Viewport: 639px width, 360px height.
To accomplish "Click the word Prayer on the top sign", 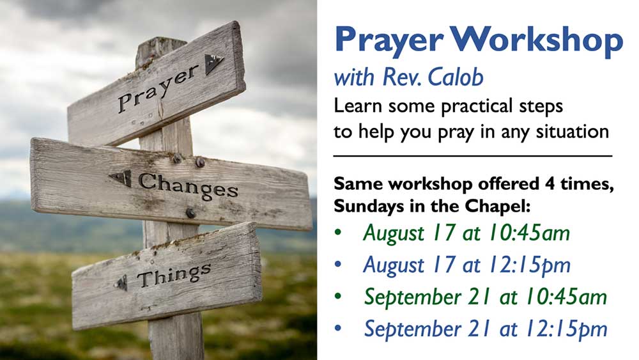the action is (158, 89).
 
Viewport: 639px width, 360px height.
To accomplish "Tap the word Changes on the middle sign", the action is (189, 186).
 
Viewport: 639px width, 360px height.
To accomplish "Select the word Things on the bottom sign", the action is (174, 275).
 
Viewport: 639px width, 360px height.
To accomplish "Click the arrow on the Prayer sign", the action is (213, 63).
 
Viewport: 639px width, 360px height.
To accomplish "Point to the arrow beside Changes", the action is (121, 178).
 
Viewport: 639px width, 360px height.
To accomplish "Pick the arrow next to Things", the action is (121, 283).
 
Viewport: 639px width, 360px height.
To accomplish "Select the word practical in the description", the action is (477, 107).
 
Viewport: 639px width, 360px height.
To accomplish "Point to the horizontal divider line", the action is (473, 156).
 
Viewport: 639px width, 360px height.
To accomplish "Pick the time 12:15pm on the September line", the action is (566, 329).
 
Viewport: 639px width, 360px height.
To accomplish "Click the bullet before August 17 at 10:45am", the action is (338, 232).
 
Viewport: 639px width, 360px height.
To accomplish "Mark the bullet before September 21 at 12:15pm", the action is (338, 328).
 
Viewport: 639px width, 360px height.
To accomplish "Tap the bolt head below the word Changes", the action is (190, 213).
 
